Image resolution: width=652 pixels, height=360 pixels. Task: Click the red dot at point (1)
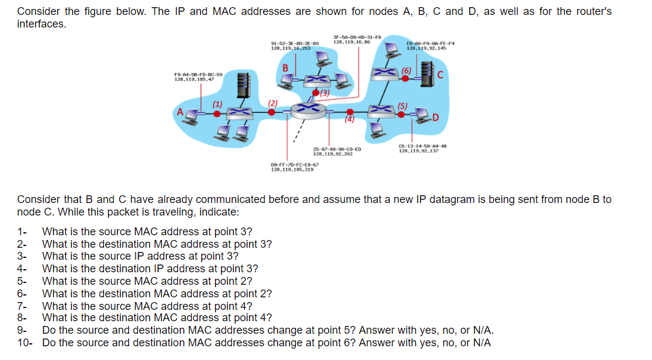201,111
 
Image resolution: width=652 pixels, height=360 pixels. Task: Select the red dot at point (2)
271,111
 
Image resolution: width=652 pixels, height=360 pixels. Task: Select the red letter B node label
285,67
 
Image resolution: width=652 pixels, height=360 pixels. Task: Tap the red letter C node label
441,75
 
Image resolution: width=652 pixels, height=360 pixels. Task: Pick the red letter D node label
436,116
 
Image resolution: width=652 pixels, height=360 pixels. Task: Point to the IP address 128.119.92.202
333,154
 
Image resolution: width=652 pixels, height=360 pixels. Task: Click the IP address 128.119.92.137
419,150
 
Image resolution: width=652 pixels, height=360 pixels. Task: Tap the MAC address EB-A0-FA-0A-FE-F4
426,43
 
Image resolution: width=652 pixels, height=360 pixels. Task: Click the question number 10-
26,343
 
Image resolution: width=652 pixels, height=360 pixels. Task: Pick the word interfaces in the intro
41,24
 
